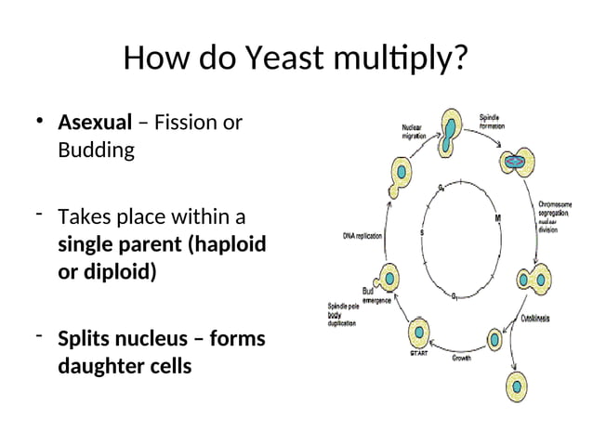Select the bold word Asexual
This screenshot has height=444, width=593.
[x=95, y=123]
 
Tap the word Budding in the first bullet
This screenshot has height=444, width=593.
[x=96, y=150]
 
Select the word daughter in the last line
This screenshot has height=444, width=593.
[x=100, y=366]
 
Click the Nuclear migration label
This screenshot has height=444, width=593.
[x=415, y=132]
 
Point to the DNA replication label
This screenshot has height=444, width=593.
[x=362, y=236]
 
